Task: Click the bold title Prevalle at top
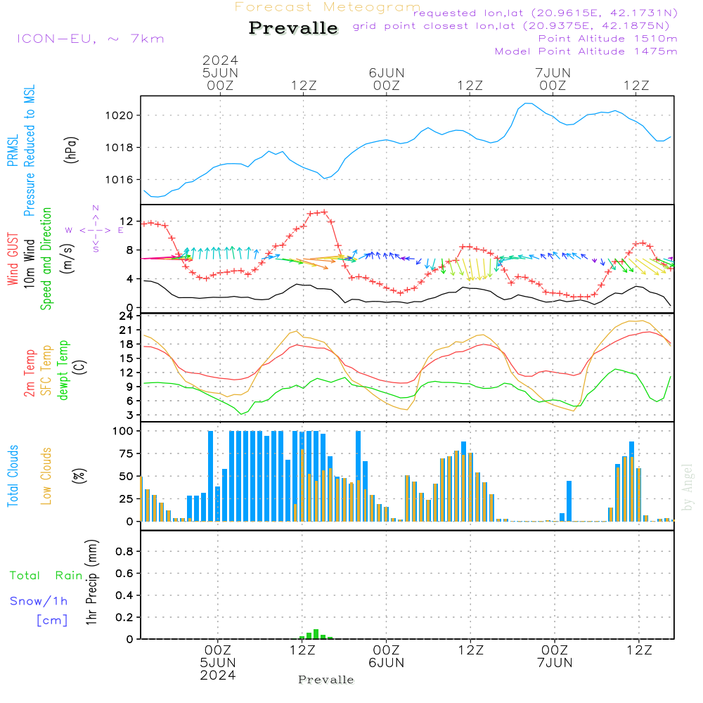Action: [293, 29]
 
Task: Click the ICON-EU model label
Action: [89, 39]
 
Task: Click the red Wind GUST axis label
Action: [13, 259]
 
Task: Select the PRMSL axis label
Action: [13, 146]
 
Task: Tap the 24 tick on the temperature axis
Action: [126, 316]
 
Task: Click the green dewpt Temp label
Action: [64, 370]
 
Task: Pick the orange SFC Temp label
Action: [47, 370]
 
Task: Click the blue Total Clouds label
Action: [13, 476]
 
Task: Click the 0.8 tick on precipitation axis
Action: [124, 552]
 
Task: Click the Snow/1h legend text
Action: [39, 601]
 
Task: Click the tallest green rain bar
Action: [316, 633]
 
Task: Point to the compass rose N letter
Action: [96, 208]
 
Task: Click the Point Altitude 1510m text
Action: [607, 38]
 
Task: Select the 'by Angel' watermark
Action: [688, 487]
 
